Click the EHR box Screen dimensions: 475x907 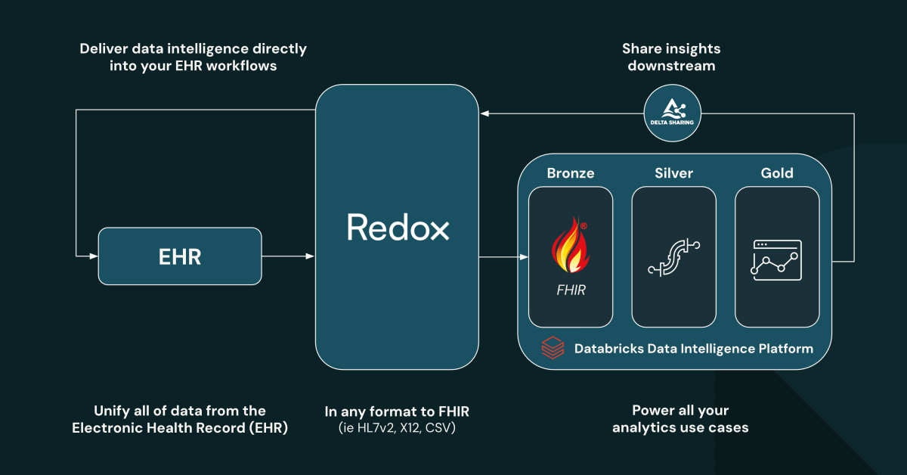tap(180, 256)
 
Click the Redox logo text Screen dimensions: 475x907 tap(398, 228)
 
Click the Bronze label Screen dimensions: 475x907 tap(571, 173)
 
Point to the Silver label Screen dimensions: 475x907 tap(673, 173)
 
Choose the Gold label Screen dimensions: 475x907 tap(777, 173)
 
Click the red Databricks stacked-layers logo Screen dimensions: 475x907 tap(553, 349)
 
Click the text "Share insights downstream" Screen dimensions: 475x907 tap(671, 57)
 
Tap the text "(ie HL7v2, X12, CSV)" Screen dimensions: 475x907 tap(397, 428)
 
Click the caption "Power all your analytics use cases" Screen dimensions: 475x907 tap(680, 419)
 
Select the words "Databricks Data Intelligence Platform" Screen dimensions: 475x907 tap(693, 349)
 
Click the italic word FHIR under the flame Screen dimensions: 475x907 tap(571, 290)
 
